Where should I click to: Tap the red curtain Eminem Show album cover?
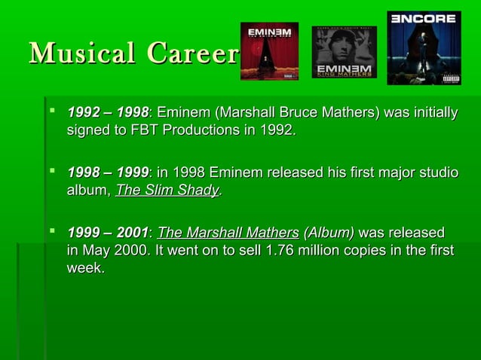point(268,51)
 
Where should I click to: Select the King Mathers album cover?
point(344,52)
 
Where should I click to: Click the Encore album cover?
point(424,47)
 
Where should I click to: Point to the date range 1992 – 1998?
point(108,114)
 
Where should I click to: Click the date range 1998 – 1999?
point(108,174)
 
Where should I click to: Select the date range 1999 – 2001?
point(108,233)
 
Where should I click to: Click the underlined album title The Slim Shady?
point(167,191)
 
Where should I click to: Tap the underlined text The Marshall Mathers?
point(228,233)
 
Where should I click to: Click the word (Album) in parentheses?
point(328,233)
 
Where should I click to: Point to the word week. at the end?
point(85,268)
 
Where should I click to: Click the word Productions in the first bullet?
point(204,131)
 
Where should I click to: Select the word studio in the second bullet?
point(437,174)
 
